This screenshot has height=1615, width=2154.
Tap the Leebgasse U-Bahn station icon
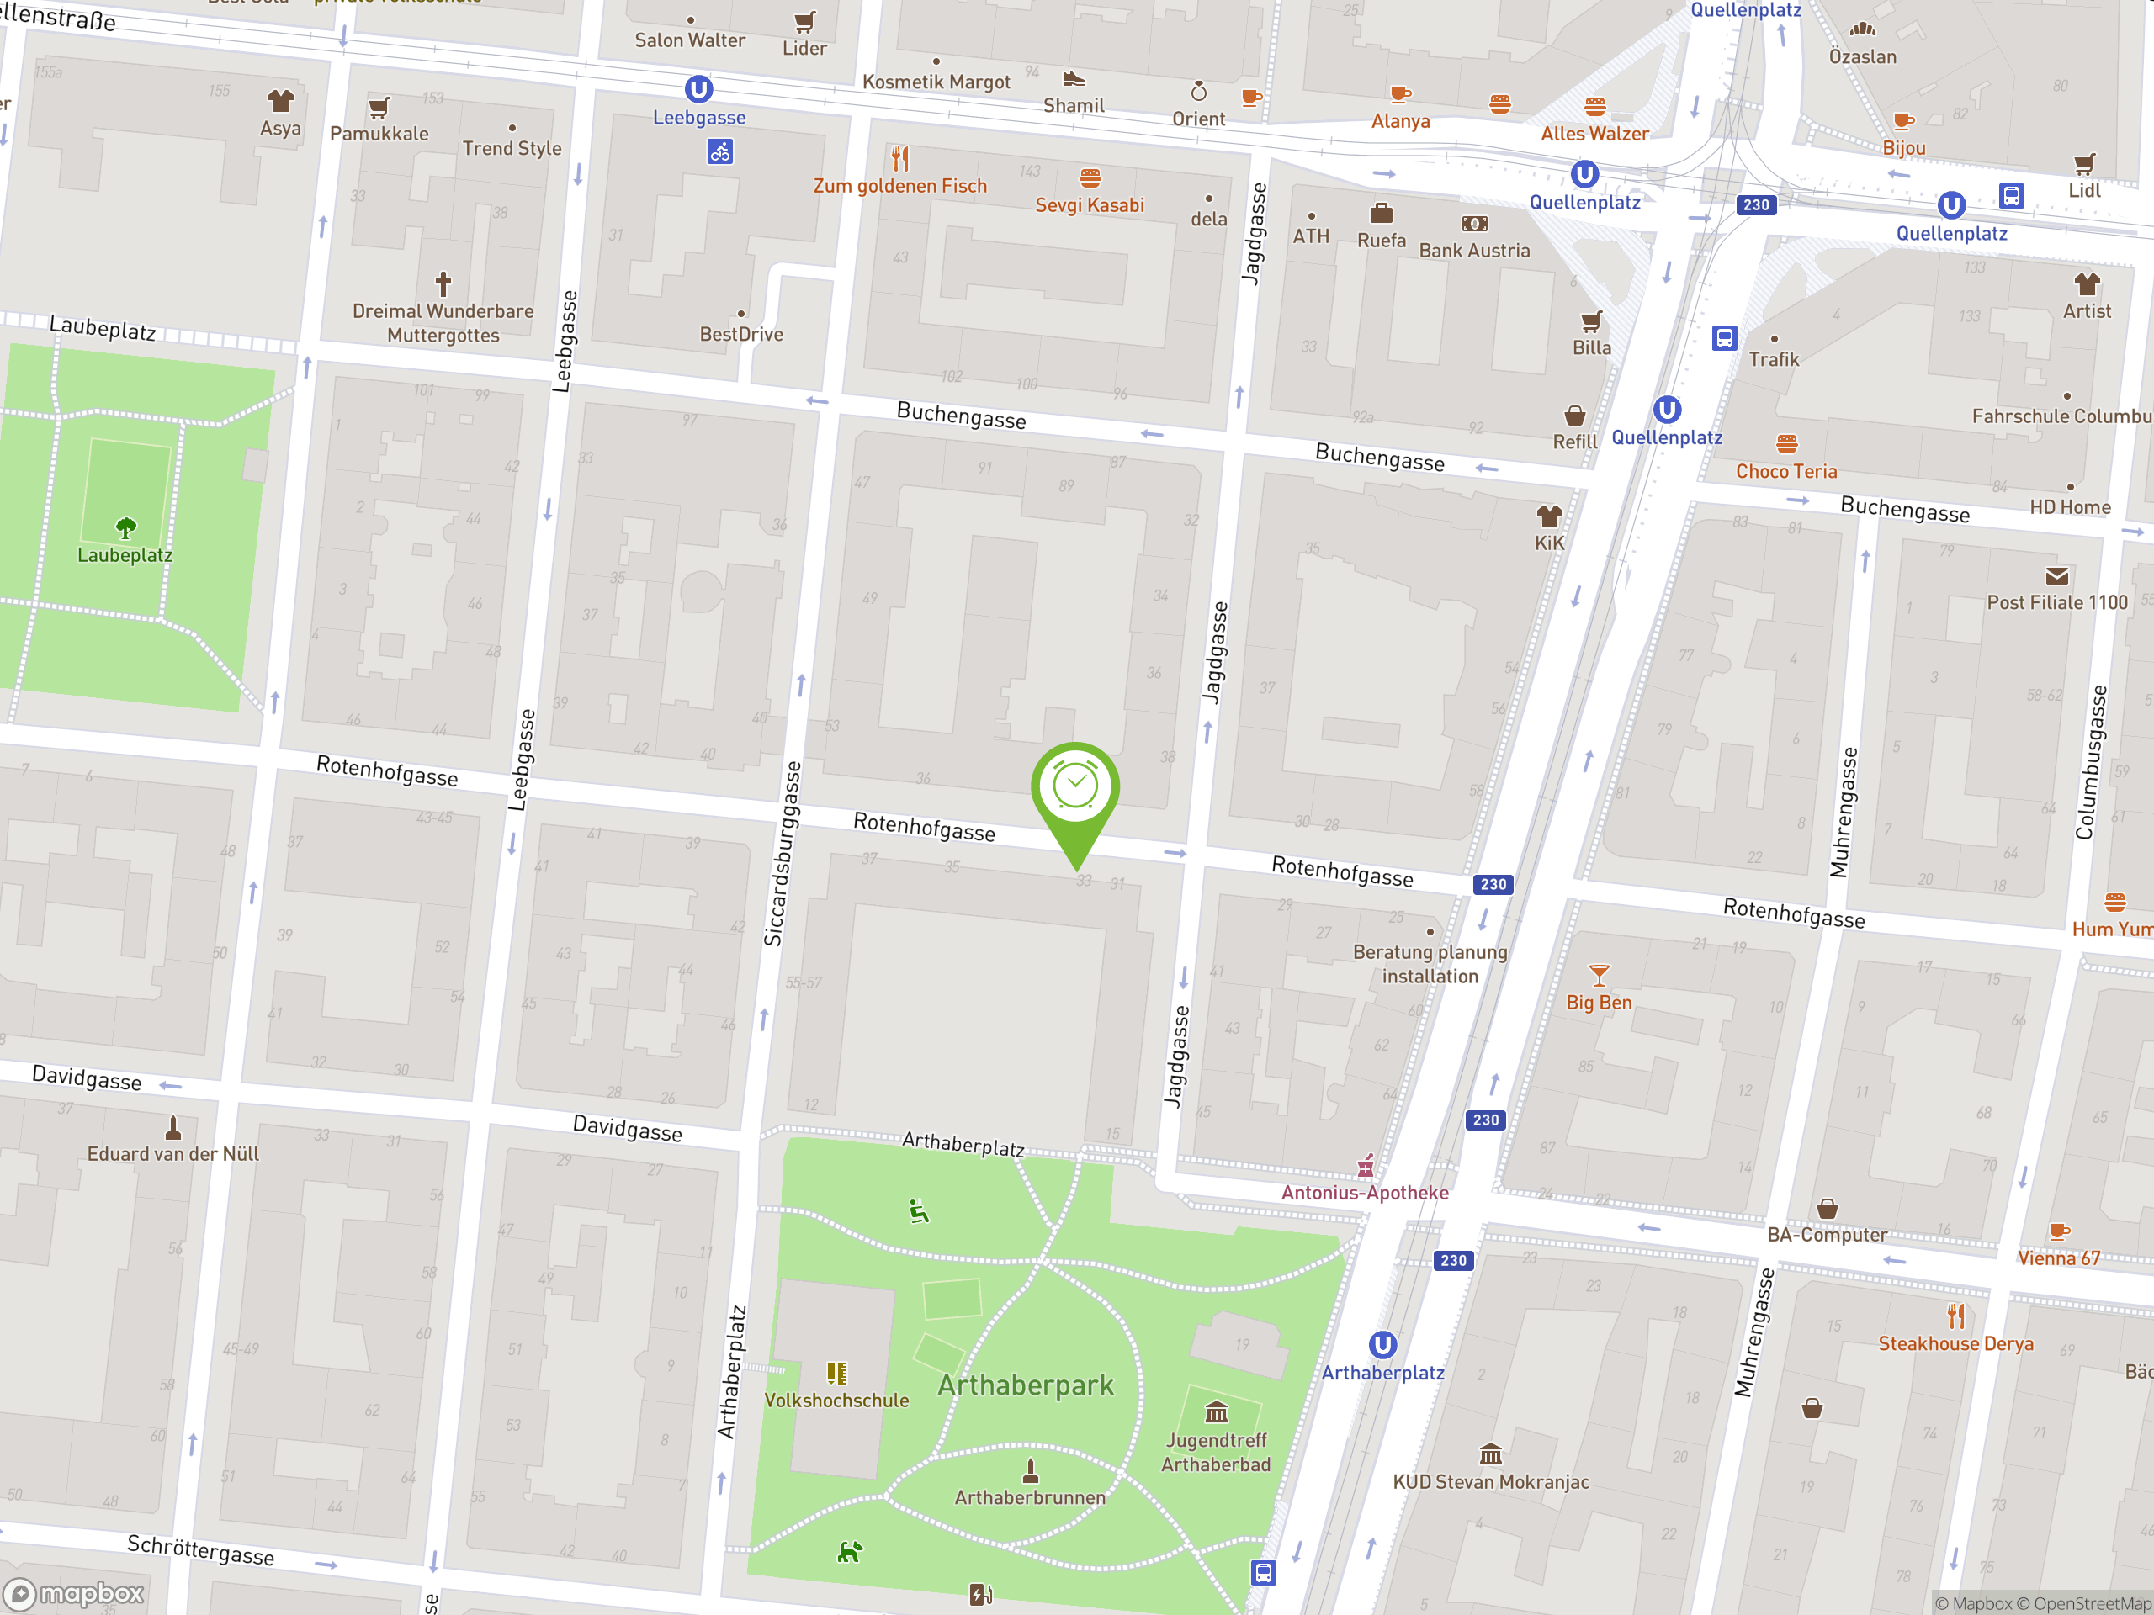point(698,89)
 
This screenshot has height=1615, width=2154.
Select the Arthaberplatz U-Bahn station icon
point(1382,1345)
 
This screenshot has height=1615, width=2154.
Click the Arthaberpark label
point(1026,1385)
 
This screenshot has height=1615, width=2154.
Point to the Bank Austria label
point(1474,250)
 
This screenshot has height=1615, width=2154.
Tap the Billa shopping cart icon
point(1591,321)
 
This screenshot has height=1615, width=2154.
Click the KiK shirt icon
point(1548,516)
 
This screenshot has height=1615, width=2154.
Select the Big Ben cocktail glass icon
point(1599,974)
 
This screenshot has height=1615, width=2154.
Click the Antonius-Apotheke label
point(1364,1193)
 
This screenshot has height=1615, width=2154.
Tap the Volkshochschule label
point(836,1400)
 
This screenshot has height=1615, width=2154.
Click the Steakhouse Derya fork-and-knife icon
point(1955,1316)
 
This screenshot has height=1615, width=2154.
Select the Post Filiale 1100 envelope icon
point(2056,576)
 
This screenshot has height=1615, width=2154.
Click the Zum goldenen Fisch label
point(899,186)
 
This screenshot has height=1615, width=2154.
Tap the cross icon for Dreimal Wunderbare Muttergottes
point(443,283)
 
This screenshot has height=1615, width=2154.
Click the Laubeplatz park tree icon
point(125,528)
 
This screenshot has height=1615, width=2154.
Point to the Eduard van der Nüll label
point(173,1153)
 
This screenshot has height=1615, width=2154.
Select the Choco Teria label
point(1786,471)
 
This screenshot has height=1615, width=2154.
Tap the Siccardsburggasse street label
point(783,854)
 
